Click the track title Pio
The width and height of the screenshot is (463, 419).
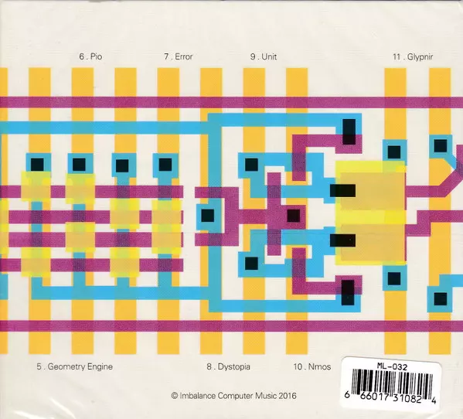click(x=97, y=56)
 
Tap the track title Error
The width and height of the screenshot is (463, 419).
click(x=184, y=56)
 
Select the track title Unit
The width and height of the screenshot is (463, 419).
click(x=269, y=56)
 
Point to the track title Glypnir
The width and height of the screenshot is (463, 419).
click(x=420, y=57)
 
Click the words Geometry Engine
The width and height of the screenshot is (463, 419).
click(x=80, y=367)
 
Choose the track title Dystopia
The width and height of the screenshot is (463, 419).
click(x=234, y=367)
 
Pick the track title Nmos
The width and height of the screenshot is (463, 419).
click(x=319, y=366)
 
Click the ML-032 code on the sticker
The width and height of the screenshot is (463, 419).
click(x=392, y=367)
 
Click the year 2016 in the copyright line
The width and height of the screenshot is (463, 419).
click(x=288, y=396)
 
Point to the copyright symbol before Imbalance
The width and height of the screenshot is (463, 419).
click(x=174, y=396)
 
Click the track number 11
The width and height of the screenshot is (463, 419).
click(x=397, y=56)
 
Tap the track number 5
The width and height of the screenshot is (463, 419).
click(x=39, y=366)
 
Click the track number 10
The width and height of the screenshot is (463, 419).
click(x=298, y=366)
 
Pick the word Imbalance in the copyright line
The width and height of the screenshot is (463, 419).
click(x=198, y=396)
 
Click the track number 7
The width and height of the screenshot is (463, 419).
click(x=166, y=56)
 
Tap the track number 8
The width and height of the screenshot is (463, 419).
click(x=209, y=366)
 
